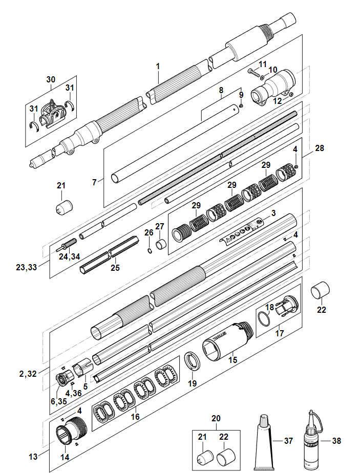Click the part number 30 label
coord(50,80)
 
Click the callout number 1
coord(158,67)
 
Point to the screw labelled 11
coord(253,72)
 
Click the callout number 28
coord(320,148)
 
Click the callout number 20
coord(215,418)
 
